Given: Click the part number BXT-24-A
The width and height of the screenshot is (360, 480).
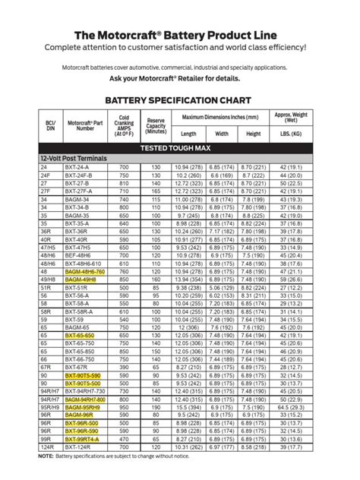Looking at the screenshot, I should pyautogui.click(x=79, y=166).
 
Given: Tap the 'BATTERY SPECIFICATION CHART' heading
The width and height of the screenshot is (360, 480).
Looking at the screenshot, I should pyautogui.click(x=180, y=99).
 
